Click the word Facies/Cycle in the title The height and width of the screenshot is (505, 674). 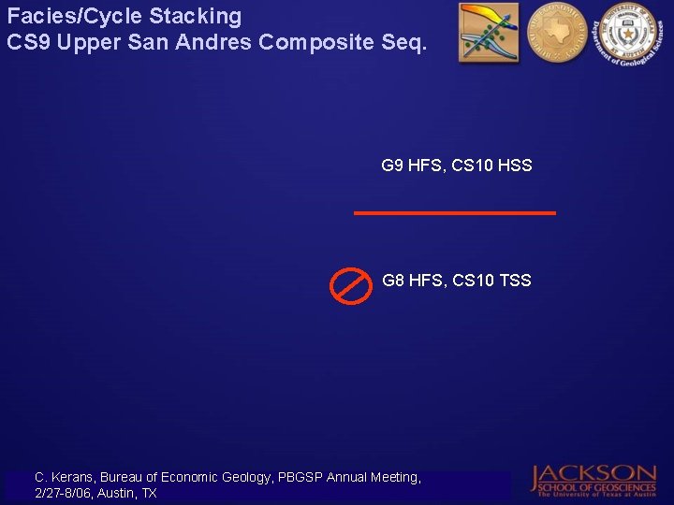[x=62, y=17]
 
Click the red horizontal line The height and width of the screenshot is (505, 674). [x=454, y=213]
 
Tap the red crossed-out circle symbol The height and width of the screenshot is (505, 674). [x=351, y=284]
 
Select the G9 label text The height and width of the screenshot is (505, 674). [x=392, y=166]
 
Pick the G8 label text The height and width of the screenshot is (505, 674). [x=392, y=281]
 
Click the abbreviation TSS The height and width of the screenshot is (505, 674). [x=514, y=281]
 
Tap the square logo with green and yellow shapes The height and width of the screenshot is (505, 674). [x=489, y=33]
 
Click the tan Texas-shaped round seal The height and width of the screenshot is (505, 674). [x=556, y=31]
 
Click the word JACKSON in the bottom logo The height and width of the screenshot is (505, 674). [x=595, y=473]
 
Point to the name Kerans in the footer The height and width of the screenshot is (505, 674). [x=71, y=477]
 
